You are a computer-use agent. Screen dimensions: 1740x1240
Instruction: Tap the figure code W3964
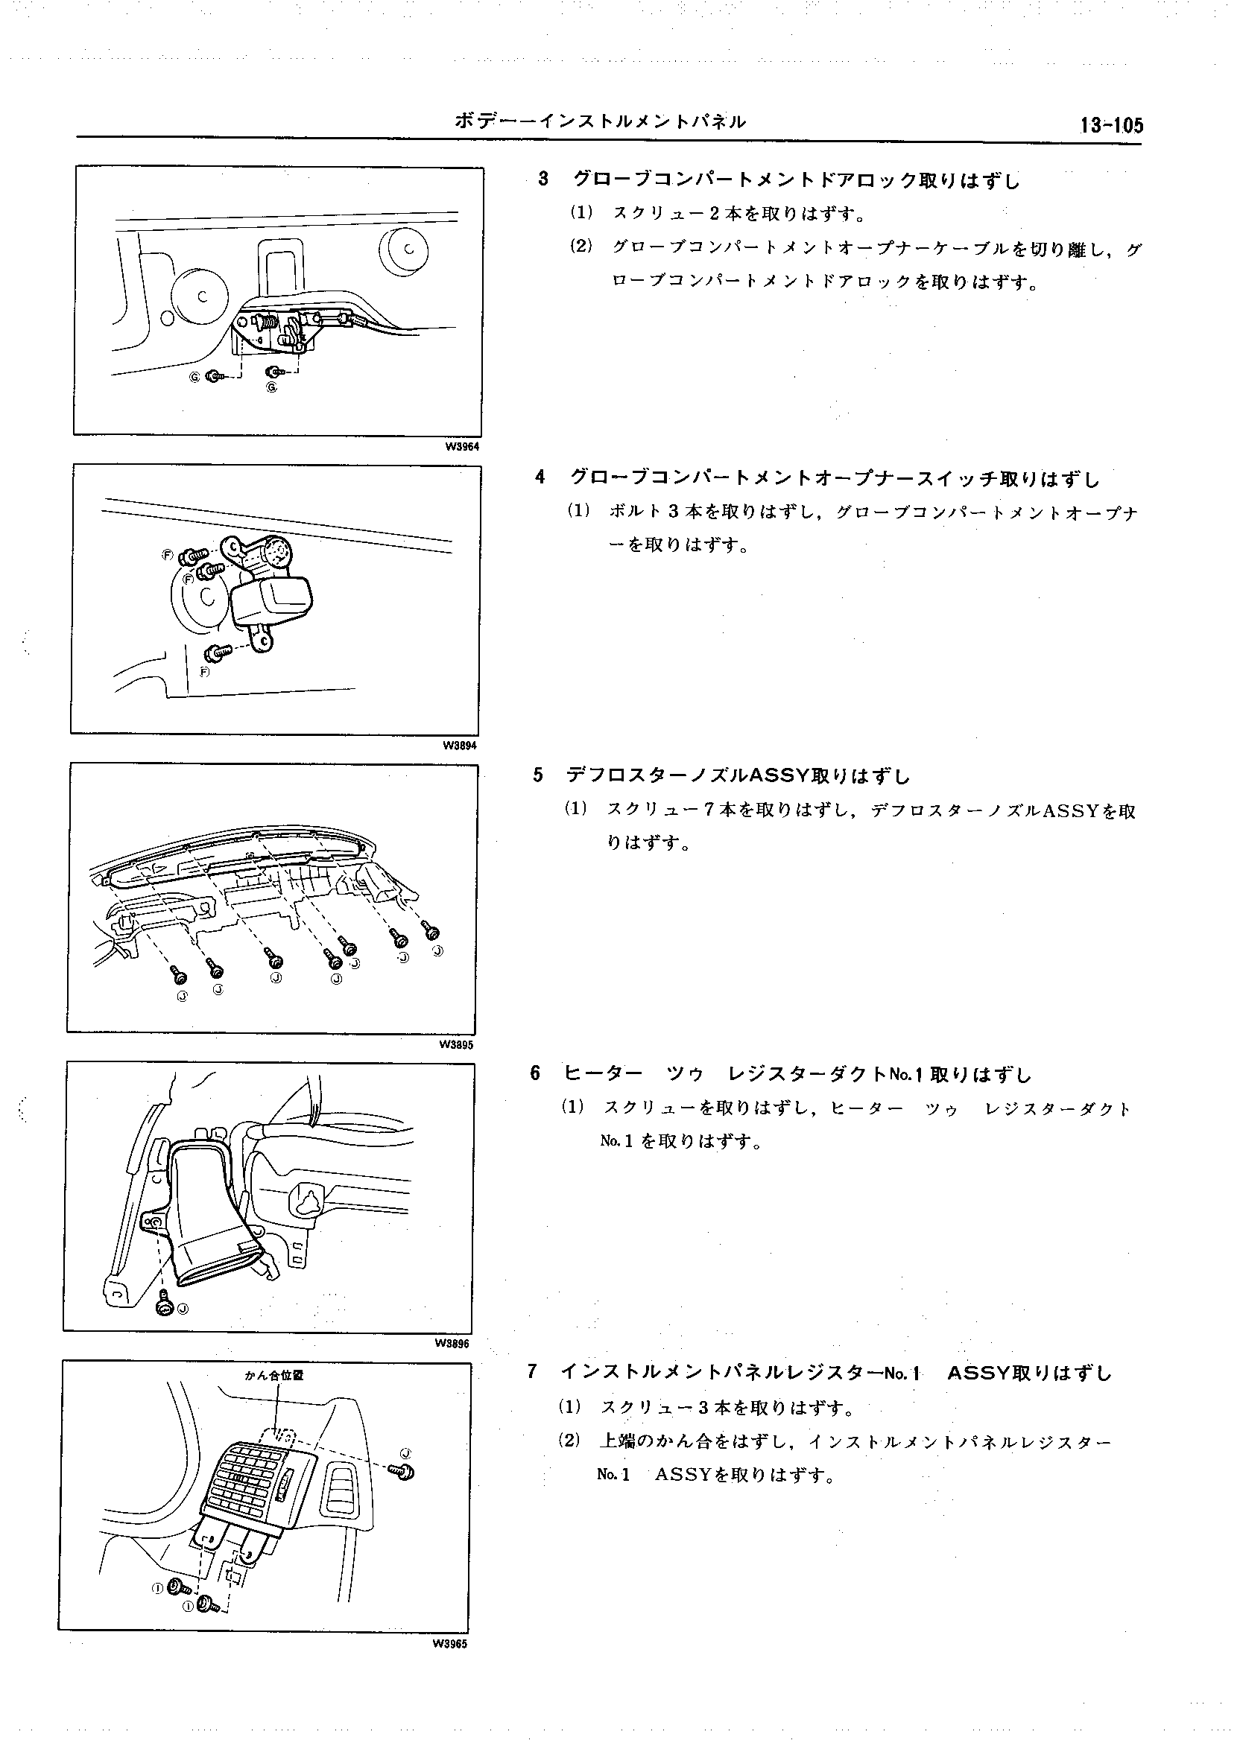pos(462,447)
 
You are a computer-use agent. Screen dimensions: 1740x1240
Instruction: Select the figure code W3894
pos(460,746)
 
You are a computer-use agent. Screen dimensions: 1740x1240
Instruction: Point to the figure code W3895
pos(456,1045)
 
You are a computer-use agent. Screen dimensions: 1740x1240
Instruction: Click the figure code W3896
pos(453,1344)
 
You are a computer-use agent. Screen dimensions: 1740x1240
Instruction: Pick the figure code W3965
pos(450,1644)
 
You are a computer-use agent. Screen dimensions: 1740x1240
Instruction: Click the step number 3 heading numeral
pos(543,180)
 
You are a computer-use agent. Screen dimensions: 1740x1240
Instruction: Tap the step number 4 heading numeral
pos(540,478)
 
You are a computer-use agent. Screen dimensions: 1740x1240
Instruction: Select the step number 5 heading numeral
pos(537,776)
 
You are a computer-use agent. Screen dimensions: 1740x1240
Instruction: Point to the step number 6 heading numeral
pos(534,1074)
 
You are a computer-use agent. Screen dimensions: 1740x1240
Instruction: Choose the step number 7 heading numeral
pos(531,1372)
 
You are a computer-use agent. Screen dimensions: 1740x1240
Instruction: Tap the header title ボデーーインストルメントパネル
pos(600,121)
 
